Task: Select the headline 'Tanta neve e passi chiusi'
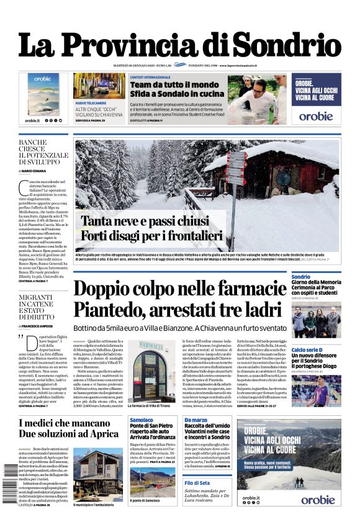(143, 222)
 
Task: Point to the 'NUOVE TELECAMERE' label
(90, 102)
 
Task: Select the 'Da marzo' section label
(196, 420)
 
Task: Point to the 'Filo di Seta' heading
(197, 482)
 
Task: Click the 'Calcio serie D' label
(308, 350)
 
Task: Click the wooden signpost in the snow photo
(236, 171)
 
